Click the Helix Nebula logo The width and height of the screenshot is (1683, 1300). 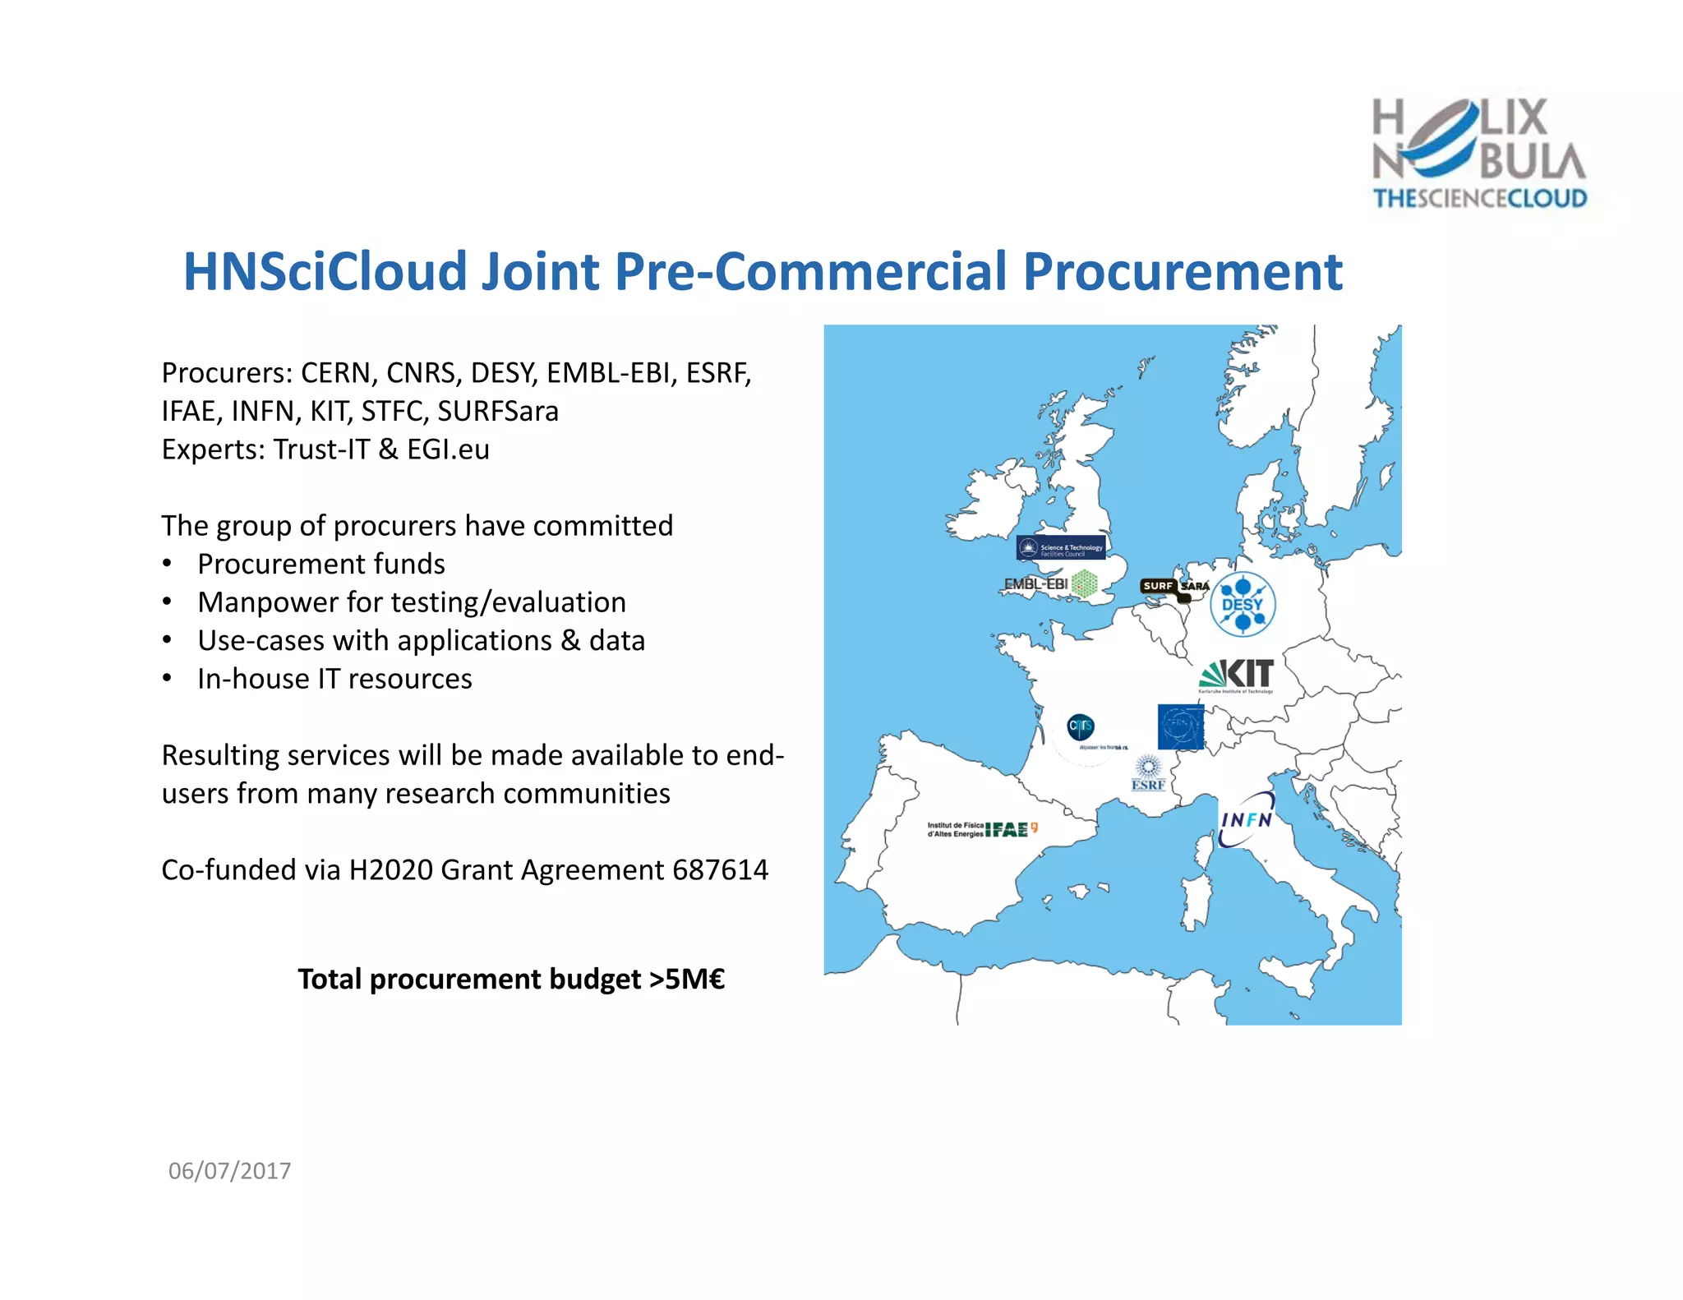[x=1479, y=153]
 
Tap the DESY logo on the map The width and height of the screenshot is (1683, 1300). [x=1243, y=604]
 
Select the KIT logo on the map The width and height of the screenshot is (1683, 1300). [x=1238, y=675]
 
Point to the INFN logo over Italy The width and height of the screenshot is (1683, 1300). [x=1247, y=819]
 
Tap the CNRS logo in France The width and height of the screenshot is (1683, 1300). [x=1081, y=726]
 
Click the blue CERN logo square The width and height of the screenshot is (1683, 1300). [x=1180, y=726]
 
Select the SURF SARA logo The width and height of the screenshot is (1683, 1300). [x=1173, y=587]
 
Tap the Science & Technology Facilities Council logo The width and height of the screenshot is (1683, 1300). [x=1060, y=548]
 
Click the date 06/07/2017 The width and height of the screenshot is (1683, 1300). [x=229, y=1170]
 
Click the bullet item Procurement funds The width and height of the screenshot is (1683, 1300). [x=320, y=564]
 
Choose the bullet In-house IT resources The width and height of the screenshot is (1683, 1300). [x=334, y=679]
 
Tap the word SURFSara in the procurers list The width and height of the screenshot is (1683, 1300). [x=497, y=411]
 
